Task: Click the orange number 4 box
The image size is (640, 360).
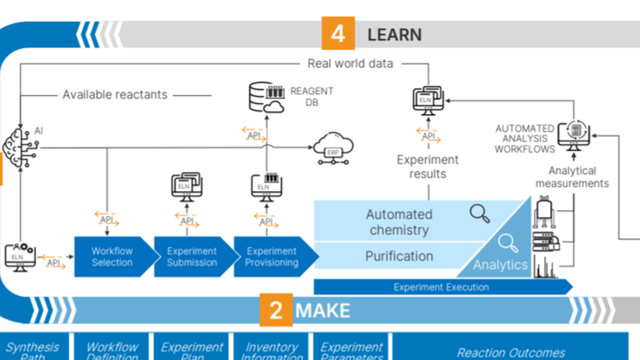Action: [x=338, y=33]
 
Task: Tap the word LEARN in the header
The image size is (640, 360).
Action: [x=394, y=34]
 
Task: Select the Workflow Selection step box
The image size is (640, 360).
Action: [x=112, y=256]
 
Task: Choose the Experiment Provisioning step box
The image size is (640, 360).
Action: [x=271, y=256]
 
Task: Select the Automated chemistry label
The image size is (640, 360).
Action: [x=399, y=222]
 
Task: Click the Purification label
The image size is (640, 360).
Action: [x=399, y=255]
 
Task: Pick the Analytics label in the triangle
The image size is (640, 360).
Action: [x=500, y=265]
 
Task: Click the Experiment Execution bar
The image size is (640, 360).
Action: [x=440, y=287]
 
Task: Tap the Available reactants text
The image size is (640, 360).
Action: [x=115, y=94]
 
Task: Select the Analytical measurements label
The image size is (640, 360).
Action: [x=572, y=177]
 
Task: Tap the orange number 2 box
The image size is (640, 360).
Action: [x=276, y=309]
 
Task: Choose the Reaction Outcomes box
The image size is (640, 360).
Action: [x=511, y=352]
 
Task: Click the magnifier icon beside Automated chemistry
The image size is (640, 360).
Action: [x=480, y=213]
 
